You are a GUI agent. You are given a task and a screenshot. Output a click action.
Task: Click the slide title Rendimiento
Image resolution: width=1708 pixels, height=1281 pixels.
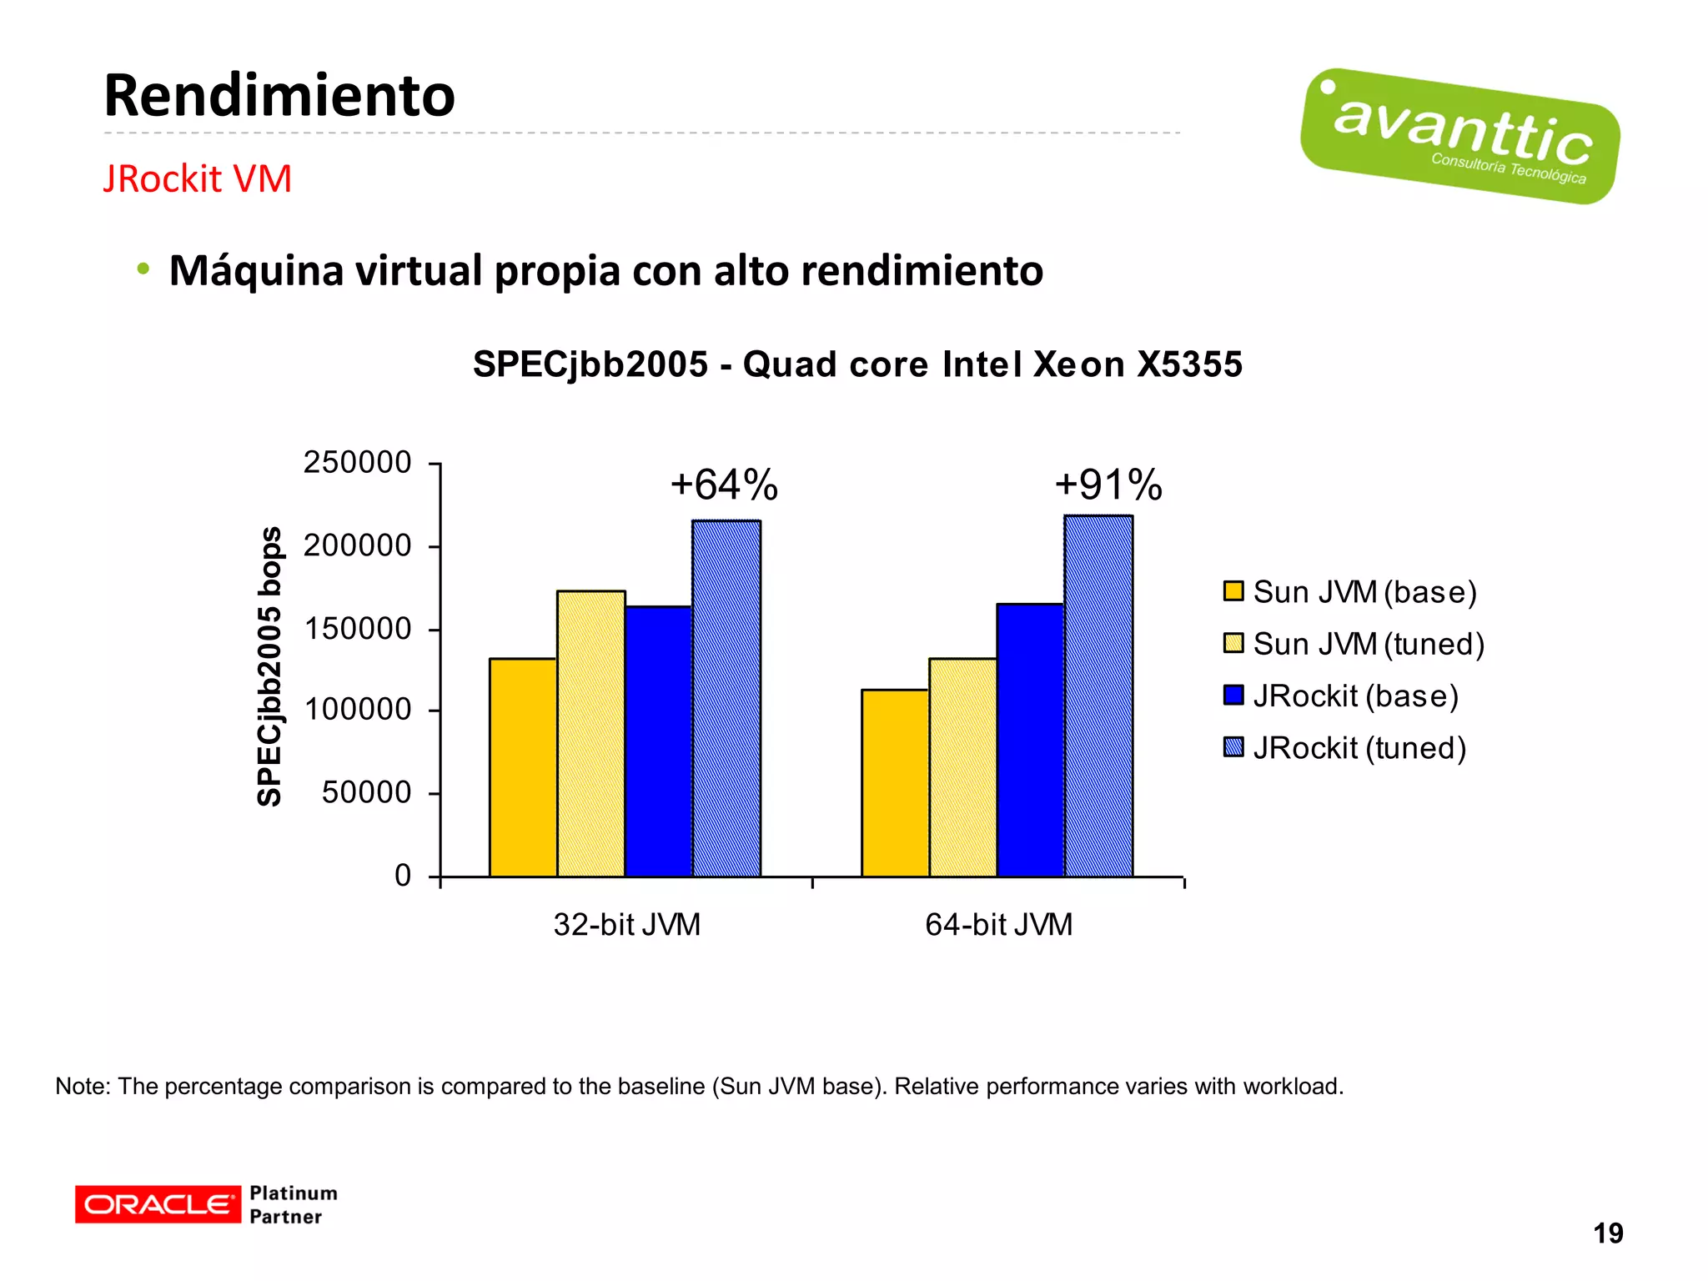[x=279, y=96]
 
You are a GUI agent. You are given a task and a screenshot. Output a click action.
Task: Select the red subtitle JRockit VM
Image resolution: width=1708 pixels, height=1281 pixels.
[x=197, y=179]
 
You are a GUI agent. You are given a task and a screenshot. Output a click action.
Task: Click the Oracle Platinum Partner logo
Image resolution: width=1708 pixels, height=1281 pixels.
[x=206, y=1204]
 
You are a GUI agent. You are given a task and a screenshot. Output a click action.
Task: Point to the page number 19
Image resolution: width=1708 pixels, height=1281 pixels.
[x=1608, y=1233]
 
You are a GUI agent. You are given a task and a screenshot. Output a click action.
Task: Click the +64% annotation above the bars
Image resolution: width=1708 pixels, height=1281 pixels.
[x=724, y=485]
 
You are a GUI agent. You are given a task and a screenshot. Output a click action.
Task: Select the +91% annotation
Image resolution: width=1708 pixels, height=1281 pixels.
[x=1108, y=485]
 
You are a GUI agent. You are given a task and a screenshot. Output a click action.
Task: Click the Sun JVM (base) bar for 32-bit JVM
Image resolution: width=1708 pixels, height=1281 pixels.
[x=523, y=767]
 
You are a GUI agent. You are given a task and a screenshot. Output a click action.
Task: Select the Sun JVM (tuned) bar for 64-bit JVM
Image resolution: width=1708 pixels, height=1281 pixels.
[x=962, y=767]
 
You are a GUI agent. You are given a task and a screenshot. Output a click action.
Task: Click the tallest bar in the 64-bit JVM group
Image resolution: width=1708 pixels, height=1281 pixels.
[x=1098, y=696]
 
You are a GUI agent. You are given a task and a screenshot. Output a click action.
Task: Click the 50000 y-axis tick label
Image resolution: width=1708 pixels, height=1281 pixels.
[x=367, y=792]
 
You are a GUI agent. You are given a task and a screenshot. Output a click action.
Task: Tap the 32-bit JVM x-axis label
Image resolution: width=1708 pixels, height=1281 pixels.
[x=627, y=925]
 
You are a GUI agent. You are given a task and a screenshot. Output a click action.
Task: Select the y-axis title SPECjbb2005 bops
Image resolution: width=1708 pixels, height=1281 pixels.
[x=269, y=667]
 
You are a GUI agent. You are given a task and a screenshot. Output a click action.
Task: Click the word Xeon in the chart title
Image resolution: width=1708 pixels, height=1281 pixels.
[x=1079, y=364]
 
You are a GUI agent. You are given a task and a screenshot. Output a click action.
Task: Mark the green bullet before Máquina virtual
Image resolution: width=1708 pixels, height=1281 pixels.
[x=143, y=269]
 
